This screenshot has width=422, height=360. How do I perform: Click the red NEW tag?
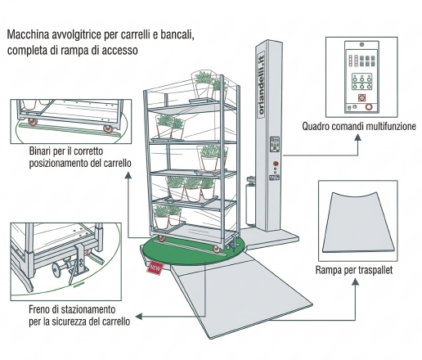pos(155,268)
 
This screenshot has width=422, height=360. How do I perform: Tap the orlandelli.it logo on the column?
pos(261,85)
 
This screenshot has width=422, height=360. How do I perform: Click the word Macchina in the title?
pos(29,34)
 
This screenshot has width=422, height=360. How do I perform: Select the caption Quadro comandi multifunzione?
pos(359,126)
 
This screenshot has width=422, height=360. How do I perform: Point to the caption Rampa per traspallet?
pos(354,270)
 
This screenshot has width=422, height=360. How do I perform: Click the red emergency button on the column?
pos(276,164)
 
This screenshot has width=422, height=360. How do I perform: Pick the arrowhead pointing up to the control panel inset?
pos(358,137)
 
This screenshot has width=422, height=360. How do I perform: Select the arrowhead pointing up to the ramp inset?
pos(355,281)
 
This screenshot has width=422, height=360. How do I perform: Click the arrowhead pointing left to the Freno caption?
pos(139,317)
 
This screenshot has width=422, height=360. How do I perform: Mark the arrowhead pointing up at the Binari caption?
pos(128,175)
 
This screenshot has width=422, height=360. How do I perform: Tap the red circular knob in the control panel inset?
pos(369,107)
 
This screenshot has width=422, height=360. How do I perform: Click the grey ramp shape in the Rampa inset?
pos(358,223)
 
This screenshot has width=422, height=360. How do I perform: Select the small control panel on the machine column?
pos(275,144)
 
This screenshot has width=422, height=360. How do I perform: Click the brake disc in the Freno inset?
pos(56,270)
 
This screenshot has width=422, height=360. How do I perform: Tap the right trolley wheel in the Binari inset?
pos(108,128)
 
